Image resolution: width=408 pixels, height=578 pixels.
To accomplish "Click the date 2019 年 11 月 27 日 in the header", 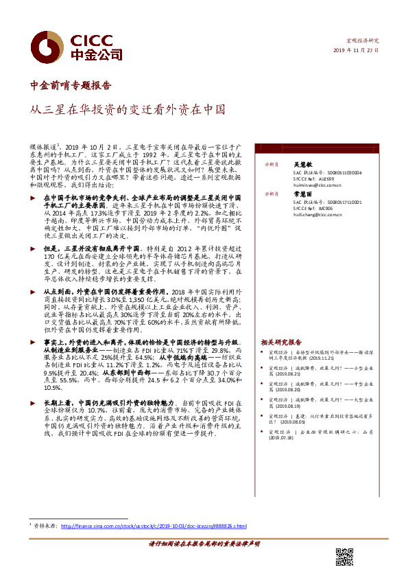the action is point(357,50).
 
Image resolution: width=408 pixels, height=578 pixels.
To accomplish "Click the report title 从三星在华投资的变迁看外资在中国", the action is point(127,109).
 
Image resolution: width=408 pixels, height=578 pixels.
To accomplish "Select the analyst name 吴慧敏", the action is point(304,165).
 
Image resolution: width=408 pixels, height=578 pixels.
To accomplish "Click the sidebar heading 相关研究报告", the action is point(281,342).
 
